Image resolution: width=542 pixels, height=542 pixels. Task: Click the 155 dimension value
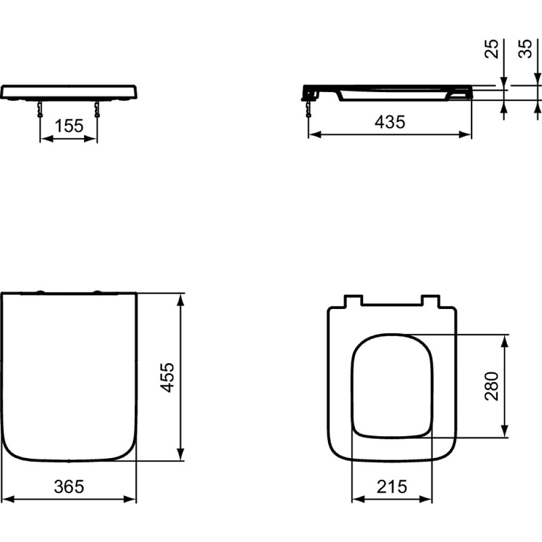click(69, 125)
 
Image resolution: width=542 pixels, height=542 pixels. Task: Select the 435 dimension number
click(390, 122)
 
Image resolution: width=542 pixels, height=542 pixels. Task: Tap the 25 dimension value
click(492, 49)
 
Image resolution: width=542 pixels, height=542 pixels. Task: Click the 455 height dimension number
click(168, 377)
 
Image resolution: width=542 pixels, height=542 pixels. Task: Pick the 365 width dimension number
click(69, 486)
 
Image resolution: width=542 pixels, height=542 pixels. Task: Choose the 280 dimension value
click(492, 386)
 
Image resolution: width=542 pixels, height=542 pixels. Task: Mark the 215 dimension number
click(392, 486)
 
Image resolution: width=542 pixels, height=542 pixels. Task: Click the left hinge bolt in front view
click(41, 109)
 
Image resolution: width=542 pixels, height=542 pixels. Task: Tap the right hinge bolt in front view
click(97, 109)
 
